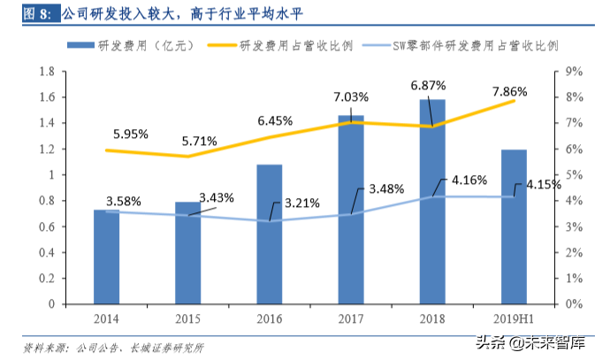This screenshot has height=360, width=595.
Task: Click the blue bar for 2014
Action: [x=106, y=257]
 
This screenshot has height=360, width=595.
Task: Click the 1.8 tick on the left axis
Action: [x=47, y=72]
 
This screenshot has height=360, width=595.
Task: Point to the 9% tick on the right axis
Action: [x=573, y=72]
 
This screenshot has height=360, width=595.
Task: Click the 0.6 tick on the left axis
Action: [x=47, y=226]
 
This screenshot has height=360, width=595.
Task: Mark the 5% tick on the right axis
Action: [x=573, y=175]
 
